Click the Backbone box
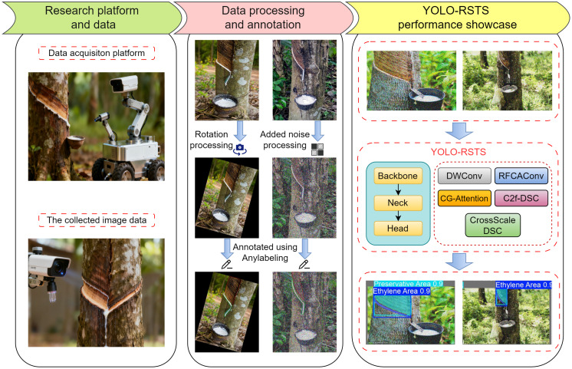398,176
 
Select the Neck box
398,203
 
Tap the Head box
398,229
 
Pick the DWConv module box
464,176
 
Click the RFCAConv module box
521,176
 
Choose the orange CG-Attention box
464,198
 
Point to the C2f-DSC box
521,198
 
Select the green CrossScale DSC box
492,226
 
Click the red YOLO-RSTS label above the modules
459,152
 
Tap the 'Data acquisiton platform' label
97,53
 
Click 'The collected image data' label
97,220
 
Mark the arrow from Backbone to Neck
398,189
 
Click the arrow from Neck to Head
398,216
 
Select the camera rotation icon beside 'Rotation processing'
240,149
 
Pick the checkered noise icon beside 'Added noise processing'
317,150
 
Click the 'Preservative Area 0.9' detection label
408,284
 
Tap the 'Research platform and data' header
92,18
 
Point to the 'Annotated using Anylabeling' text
265,252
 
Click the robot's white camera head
123,84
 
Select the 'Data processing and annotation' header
263,18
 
